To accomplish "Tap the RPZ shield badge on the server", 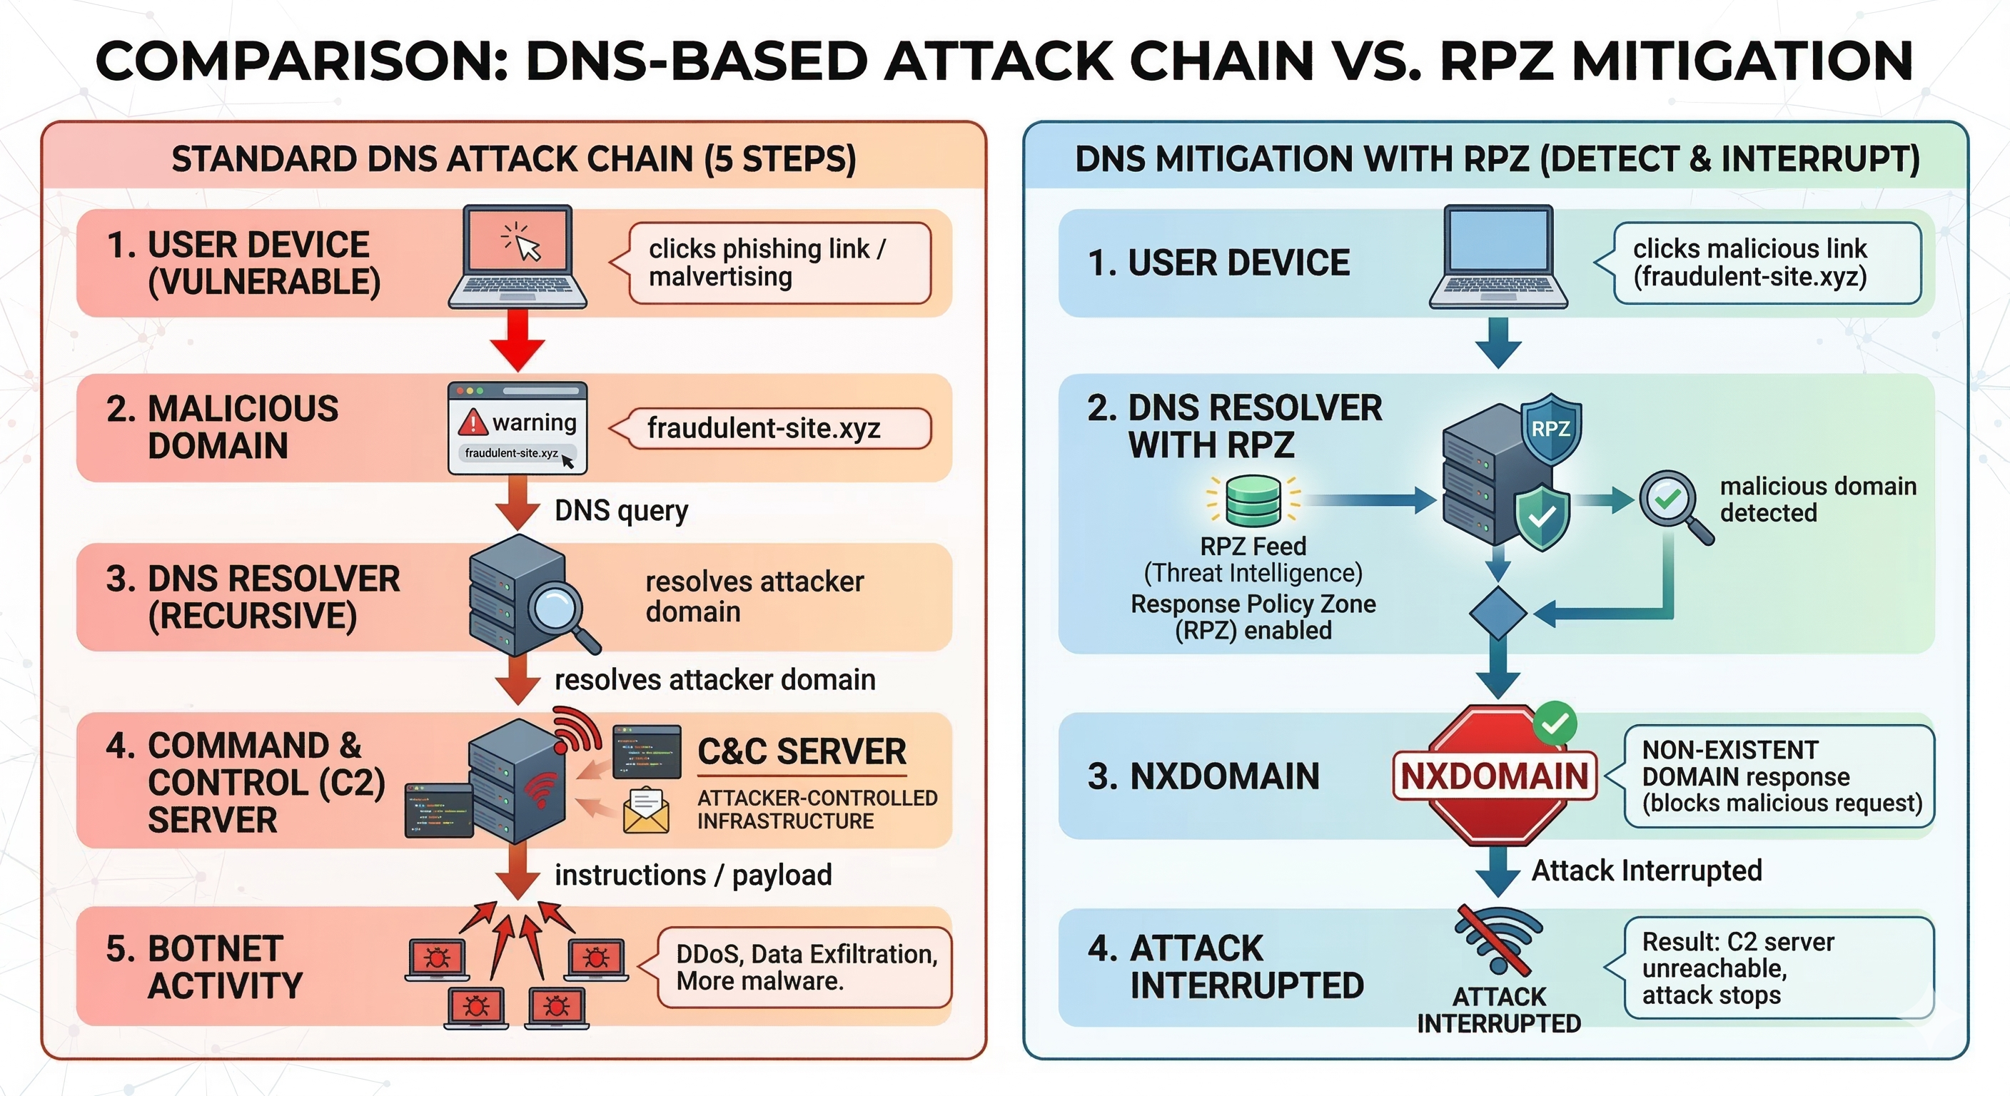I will pyautogui.click(x=1551, y=428).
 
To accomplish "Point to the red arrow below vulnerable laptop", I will pyautogui.click(x=517, y=341).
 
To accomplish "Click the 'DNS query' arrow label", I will pyautogui.click(x=621, y=511).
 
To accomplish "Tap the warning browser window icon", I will pyautogui.click(x=517, y=427).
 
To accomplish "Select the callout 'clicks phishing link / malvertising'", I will pyautogui.click(x=779, y=263).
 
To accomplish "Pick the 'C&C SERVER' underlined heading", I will pyautogui.click(x=802, y=752).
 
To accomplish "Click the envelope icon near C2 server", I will pyautogui.click(x=645, y=811).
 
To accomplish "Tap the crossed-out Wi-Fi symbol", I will pyautogui.click(x=1499, y=940).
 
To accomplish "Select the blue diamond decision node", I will pyautogui.click(x=1498, y=614).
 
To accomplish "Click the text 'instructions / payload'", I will pyautogui.click(x=693, y=876).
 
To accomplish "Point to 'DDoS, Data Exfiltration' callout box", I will pyautogui.click(x=805, y=968).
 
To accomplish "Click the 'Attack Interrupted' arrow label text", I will pyautogui.click(x=1647, y=871).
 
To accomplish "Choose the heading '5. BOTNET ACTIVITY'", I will pyautogui.click(x=204, y=968).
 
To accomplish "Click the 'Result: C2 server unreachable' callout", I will pyautogui.click(x=1777, y=968).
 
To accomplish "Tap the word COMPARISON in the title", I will pyautogui.click(x=301, y=61).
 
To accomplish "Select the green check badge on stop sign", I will pyautogui.click(x=1555, y=723).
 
